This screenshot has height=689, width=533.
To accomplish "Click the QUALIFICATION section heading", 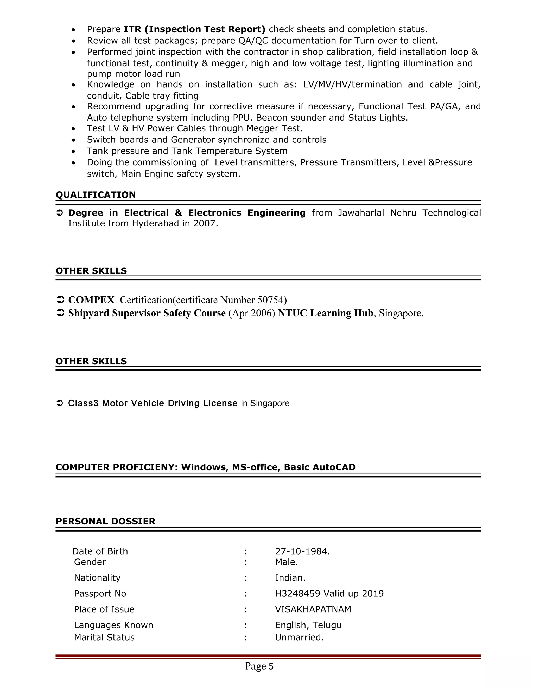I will pyautogui.click(x=96, y=195).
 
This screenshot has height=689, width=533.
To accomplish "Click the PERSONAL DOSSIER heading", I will pyautogui.click(x=105, y=521).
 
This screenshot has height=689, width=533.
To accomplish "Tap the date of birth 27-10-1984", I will pyautogui.click(x=302, y=551).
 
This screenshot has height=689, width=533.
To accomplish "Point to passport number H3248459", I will pyautogui.click(x=298, y=593).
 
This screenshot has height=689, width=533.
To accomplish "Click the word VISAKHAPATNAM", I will pyautogui.click(x=313, y=609).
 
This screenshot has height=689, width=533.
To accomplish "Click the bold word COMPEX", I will pyautogui.click(x=91, y=300).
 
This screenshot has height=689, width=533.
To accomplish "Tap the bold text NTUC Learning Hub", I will pyautogui.click(x=325, y=313).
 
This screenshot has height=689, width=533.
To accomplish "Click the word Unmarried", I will pyautogui.click(x=299, y=637).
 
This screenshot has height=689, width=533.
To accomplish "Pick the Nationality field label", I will pyautogui.click(x=97, y=578).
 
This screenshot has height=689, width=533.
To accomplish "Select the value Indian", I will pyautogui.click(x=290, y=578).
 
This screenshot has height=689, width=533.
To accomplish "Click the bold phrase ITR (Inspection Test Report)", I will pyautogui.click(x=194, y=29).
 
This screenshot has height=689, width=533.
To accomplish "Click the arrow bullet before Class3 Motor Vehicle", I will pyautogui.click(x=60, y=403).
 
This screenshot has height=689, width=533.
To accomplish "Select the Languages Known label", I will pyautogui.click(x=113, y=625).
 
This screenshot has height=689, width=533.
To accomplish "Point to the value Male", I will pyautogui.click(x=286, y=562).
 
